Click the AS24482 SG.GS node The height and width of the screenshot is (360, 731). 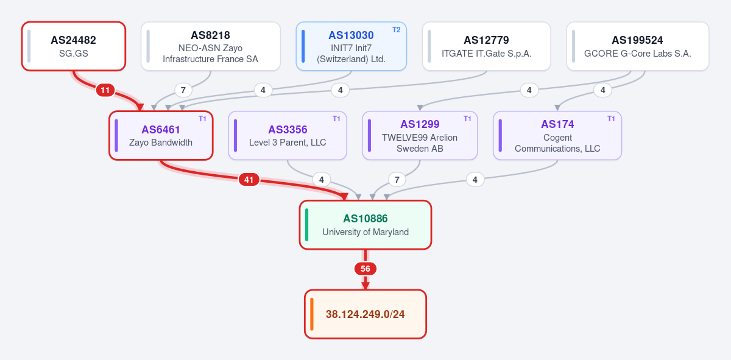point(74,46)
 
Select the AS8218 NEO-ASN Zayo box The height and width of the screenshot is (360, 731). point(211,46)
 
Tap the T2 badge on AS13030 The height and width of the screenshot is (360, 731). point(396,30)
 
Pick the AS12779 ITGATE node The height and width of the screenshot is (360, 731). point(487,46)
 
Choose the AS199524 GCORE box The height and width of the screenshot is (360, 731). point(638,46)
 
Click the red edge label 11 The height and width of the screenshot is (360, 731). point(105,90)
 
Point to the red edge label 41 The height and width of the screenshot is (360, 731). point(249,180)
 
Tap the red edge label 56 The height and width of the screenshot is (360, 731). point(365,269)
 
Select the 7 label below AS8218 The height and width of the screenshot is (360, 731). point(183,90)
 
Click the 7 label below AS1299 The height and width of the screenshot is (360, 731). point(397,180)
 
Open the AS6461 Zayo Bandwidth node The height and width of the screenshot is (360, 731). point(161,135)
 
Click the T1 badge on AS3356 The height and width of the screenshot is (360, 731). point(336,119)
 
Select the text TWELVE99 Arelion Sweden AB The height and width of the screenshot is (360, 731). point(420,143)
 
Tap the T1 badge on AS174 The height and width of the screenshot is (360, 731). point(611,119)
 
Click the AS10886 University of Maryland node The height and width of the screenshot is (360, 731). point(365,225)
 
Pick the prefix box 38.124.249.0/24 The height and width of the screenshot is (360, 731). point(365,314)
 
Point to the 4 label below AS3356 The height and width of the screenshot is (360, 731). point(322,180)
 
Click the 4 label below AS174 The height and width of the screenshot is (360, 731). point(475,180)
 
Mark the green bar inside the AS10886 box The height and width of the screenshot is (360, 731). point(307,225)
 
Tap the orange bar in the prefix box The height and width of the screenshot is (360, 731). point(312,314)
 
